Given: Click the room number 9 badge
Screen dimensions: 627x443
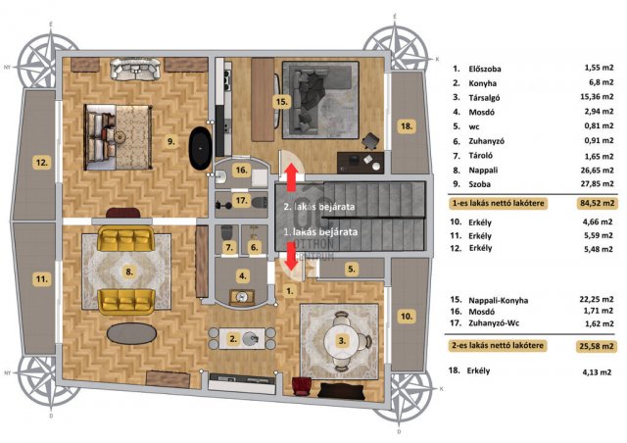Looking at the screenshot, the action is [171, 141].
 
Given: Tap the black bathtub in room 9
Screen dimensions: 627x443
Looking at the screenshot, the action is [200, 148].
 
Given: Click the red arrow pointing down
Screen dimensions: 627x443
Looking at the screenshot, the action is [292, 256].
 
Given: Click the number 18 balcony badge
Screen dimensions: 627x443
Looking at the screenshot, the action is [407, 126].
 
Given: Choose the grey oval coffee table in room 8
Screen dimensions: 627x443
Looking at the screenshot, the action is [132, 333].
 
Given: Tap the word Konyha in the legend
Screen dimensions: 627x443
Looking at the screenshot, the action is [483, 83].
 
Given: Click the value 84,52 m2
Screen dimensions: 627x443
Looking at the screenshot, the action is [597, 203].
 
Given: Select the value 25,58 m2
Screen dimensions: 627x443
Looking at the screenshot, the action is [597, 346].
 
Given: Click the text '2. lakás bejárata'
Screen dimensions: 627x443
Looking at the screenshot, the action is [319, 207].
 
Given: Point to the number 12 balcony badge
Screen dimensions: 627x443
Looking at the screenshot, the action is [42, 163].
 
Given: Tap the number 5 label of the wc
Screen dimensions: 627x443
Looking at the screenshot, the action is [351, 269].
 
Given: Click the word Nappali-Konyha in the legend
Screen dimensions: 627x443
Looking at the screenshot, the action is [499, 300].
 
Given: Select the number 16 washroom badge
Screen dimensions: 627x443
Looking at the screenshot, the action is [241, 171].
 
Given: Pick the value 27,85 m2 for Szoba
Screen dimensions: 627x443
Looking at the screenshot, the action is [597, 183].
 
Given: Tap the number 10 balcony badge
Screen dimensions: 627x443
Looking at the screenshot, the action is [407, 317].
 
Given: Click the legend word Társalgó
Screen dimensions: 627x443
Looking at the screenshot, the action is [484, 98].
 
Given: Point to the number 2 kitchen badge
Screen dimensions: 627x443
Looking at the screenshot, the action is [233, 339].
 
